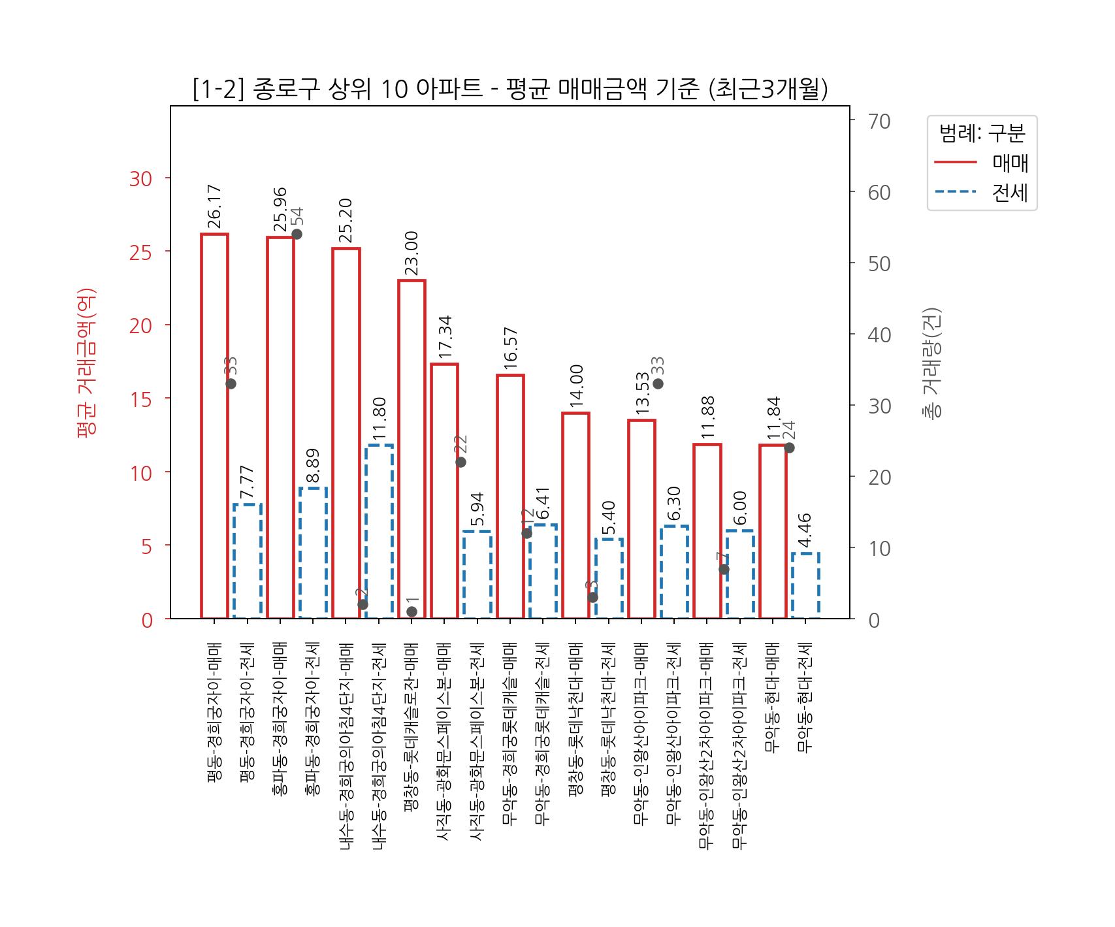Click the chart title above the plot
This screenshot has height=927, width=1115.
(510, 89)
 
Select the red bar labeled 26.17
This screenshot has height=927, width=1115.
(214, 425)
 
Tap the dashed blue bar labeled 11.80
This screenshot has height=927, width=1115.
(379, 531)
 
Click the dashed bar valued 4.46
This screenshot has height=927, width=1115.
(805, 585)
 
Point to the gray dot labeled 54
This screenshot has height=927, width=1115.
(297, 234)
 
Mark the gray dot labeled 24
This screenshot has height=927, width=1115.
(789, 447)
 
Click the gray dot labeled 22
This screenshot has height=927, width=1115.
(461, 462)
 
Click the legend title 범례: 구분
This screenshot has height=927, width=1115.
(982, 133)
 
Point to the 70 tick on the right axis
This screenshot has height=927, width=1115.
(879, 122)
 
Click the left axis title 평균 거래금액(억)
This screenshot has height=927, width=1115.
(86, 363)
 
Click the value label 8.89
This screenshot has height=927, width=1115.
(313, 466)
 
